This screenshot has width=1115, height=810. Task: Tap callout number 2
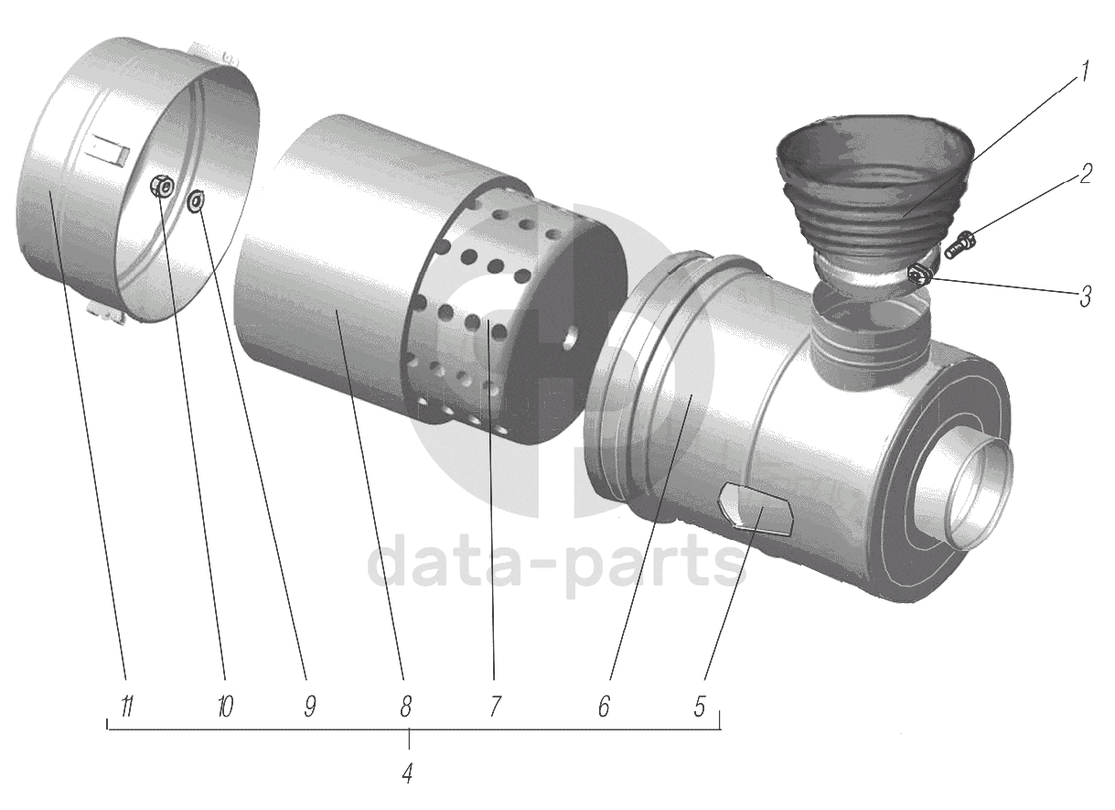coord(1085,174)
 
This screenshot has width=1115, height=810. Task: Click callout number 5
coord(700,706)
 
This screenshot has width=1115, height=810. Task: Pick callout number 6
coord(604,706)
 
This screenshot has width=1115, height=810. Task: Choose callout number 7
coord(494,706)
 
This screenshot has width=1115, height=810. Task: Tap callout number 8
coord(406,706)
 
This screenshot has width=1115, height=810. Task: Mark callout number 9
coord(309,706)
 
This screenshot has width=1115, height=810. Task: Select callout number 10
coord(225,706)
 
